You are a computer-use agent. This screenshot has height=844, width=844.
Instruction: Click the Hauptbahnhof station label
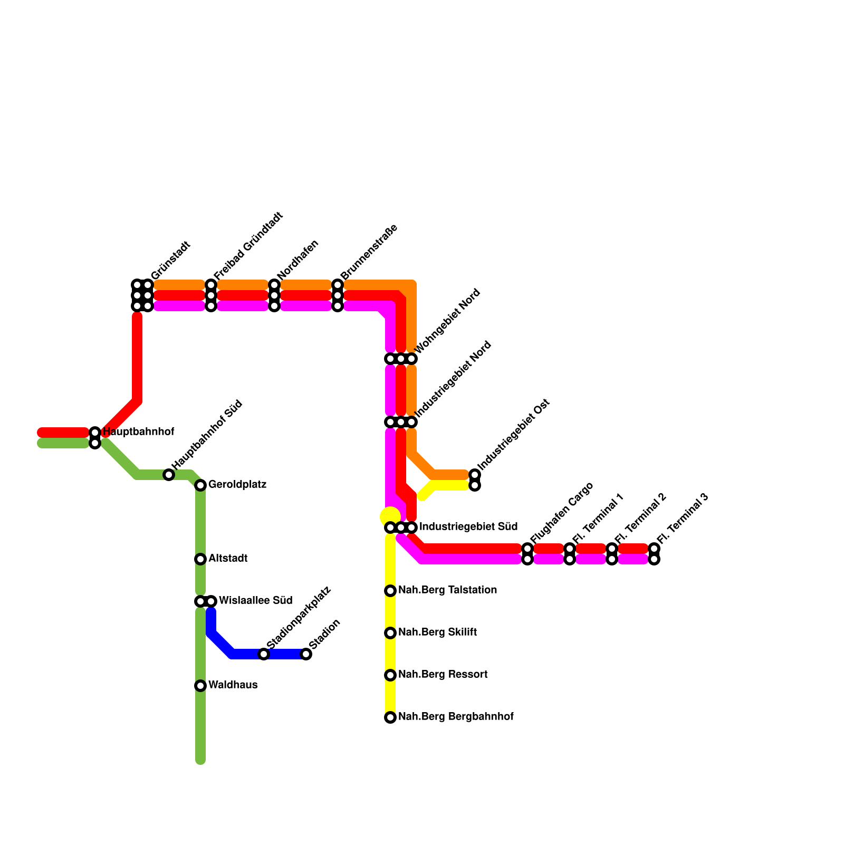pos(138,432)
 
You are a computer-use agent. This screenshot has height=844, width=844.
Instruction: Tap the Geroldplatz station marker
pos(200,485)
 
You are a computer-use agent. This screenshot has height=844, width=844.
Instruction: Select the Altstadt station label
pos(227,558)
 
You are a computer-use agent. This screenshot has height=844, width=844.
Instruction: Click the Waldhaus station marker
pos(200,685)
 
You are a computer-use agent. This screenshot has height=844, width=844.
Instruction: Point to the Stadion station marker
pos(306,654)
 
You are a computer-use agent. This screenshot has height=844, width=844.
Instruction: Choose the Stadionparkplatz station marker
pos(264,654)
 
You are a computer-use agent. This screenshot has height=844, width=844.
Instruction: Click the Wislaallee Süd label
pos(255,600)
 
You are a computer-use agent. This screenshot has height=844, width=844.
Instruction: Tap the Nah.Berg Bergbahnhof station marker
pos(390,717)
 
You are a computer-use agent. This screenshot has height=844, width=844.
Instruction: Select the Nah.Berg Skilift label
pos(437,632)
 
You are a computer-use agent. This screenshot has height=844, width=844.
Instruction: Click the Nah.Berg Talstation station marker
pos(390,591)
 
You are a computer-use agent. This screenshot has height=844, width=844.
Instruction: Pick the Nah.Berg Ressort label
pos(443,674)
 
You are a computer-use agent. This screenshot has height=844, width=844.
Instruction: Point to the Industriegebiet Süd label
pos(468,526)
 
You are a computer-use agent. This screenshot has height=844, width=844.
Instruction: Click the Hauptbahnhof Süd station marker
pos(168,475)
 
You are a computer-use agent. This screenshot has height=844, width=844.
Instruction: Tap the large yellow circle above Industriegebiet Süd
pos(390,516)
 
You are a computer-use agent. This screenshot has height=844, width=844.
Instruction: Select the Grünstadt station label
pos(170,261)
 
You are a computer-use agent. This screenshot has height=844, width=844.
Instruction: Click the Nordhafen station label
pos(298,260)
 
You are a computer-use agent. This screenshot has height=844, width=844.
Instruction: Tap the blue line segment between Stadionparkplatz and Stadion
pos(285,654)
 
